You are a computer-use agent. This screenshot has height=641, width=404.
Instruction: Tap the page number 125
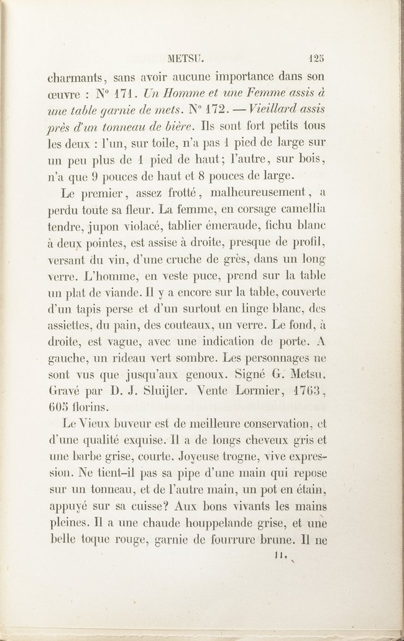317,60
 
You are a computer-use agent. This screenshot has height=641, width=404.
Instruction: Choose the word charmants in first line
76,78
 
